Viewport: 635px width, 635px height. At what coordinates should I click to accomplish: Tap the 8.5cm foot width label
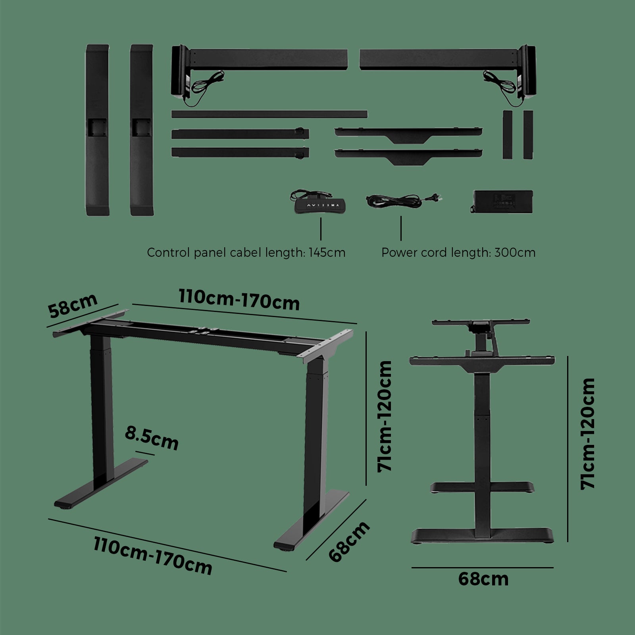[152, 437]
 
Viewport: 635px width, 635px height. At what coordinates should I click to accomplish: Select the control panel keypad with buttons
[320, 205]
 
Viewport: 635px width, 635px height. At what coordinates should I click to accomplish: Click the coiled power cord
[401, 200]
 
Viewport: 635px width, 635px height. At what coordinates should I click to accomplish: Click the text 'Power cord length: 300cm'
[458, 253]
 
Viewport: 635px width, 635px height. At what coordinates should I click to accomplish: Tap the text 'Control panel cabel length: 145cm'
[246, 253]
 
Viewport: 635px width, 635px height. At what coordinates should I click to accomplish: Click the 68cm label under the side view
[483, 579]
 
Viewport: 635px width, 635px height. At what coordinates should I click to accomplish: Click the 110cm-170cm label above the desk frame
[239, 300]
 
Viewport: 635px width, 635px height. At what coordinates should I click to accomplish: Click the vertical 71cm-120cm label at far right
[588, 433]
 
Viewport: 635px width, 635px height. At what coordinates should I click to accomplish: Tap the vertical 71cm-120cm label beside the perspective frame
[385, 416]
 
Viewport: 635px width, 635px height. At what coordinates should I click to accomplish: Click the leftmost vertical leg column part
[97, 130]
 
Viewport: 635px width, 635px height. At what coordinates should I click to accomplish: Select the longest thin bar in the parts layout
[269, 114]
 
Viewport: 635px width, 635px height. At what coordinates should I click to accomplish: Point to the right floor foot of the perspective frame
[312, 520]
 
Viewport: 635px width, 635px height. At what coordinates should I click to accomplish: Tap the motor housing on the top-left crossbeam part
[181, 71]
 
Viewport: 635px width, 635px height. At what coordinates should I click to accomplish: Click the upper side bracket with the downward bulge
[408, 134]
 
